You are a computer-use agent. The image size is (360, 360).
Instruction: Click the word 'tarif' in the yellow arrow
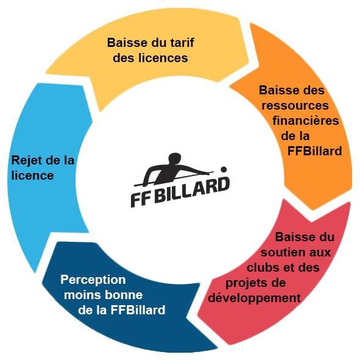182,43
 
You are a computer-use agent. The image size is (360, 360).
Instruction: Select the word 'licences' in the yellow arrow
163,58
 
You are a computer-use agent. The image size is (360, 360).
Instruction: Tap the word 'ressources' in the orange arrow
295,105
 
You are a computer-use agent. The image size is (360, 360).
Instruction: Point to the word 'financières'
306,121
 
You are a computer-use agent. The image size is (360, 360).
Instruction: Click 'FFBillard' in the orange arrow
315,151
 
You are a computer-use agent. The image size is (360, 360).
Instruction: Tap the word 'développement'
255,298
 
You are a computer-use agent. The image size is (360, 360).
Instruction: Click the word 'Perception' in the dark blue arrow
93,280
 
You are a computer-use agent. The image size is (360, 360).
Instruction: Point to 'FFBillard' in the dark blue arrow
138,310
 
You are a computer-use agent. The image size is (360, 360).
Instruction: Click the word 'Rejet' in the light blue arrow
26,160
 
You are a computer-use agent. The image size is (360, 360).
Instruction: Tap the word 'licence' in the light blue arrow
33,175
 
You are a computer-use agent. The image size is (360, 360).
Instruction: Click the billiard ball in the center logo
224,169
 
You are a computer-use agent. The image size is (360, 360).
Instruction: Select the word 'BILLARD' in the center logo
192,190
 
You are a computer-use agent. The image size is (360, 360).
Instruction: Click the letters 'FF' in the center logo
141,200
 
